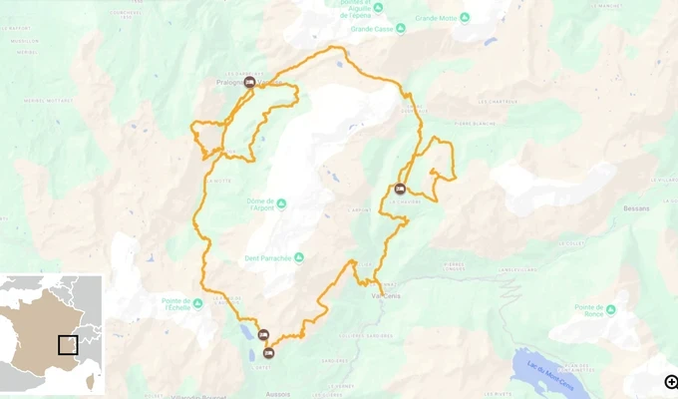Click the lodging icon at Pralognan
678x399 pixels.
248,83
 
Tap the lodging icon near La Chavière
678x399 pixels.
400,189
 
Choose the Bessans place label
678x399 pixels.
636,208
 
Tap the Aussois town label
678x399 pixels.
278,394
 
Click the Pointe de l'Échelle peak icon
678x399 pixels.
197,301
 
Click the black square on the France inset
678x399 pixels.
68,345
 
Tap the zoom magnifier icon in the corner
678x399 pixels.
671,381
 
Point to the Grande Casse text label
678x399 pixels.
370,29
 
